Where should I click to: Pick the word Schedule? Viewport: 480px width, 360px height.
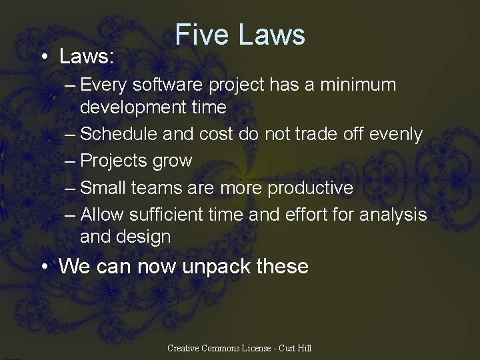pyautogui.click(x=120, y=134)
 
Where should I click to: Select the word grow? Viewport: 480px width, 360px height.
pyautogui.click(x=172, y=161)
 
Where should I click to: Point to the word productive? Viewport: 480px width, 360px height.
pyautogui.click(x=310, y=188)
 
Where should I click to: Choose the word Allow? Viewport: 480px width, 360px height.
pyautogui.click(x=101, y=215)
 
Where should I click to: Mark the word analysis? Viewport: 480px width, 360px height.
pyautogui.click(x=393, y=215)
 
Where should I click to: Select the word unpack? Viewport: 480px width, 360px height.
pyautogui.click(x=213, y=267)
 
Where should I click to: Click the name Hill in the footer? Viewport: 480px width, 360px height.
pyautogui.click(x=303, y=348)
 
